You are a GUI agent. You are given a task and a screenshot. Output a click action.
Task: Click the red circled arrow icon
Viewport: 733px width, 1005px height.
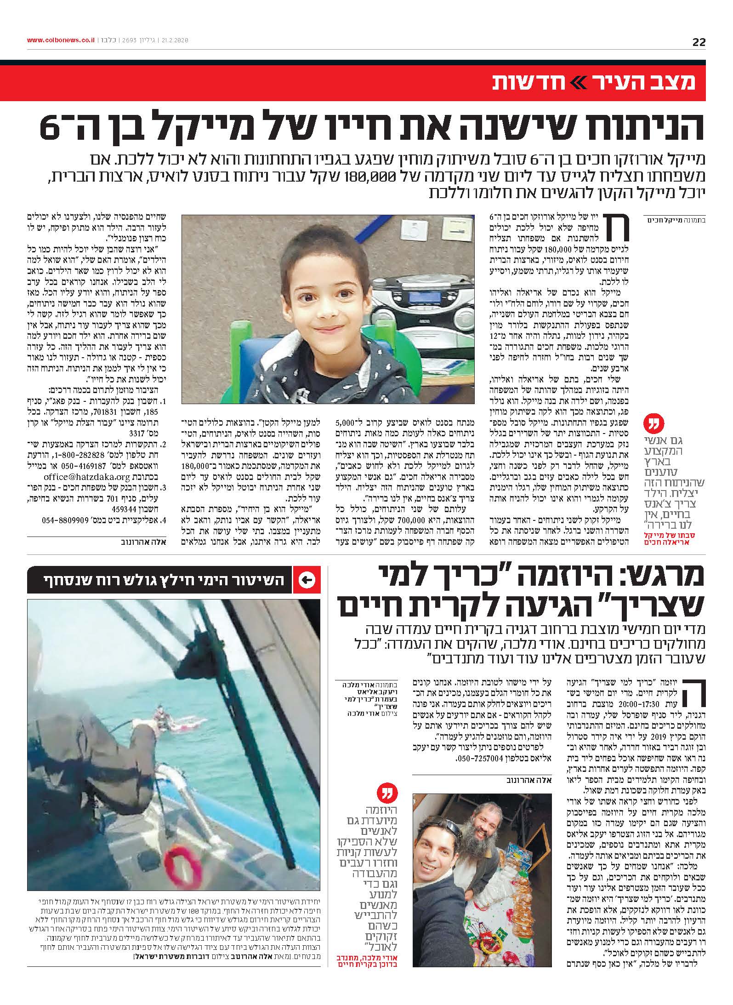click(x=306, y=580)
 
